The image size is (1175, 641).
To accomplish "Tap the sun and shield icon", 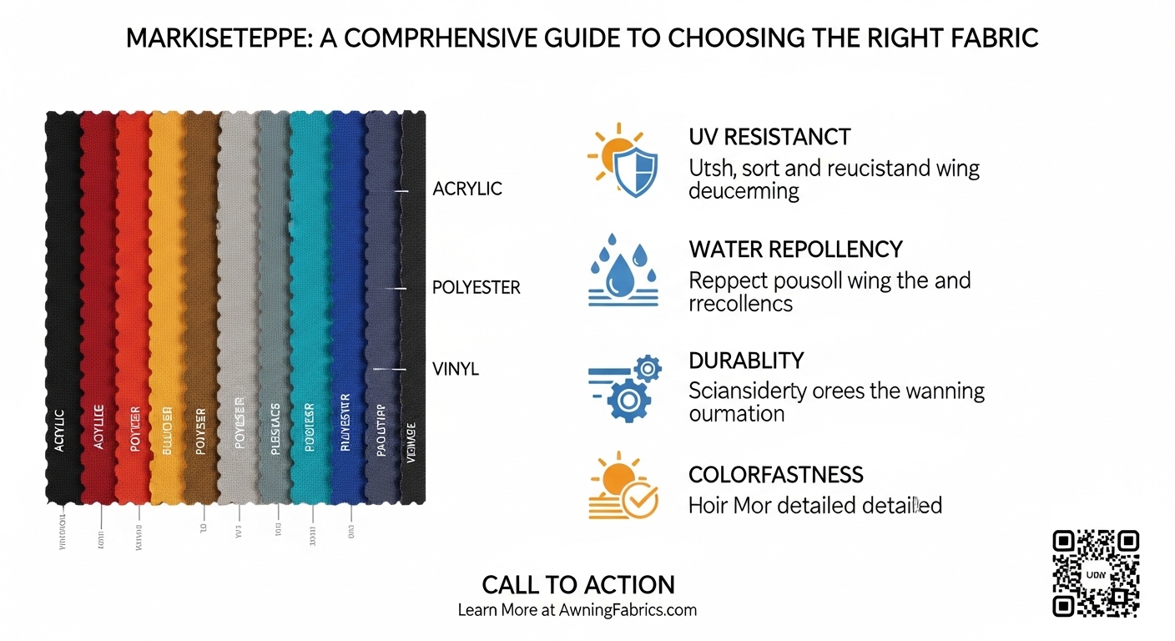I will click(x=623, y=159).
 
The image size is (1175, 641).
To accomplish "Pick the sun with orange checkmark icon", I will click(x=623, y=489).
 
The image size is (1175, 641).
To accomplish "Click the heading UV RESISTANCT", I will click(x=769, y=137).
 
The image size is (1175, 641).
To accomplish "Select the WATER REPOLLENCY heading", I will click(x=795, y=249).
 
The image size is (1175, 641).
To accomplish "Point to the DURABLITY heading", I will click(x=746, y=361).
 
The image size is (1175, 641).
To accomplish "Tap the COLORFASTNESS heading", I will click(x=775, y=475).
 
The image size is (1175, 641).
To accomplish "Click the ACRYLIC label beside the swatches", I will click(x=467, y=189).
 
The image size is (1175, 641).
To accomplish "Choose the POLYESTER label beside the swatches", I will click(x=476, y=288).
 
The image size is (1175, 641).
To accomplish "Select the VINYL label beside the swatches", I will click(x=456, y=368).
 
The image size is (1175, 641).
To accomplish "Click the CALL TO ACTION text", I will click(x=577, y=584).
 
